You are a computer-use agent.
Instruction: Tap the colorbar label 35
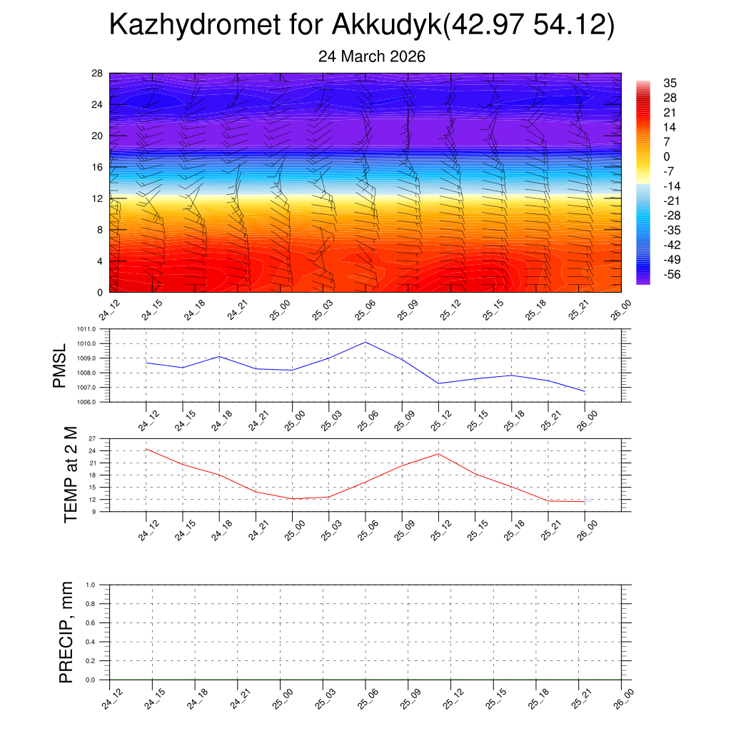pyautogui.click(x=670, y=83)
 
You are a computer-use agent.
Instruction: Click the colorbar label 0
pyautogui.click(x=667, y=157)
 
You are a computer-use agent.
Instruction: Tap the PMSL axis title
pyautogui.click(x=60, y=365)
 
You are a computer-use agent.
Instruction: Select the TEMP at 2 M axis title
pyautogui.click(x=70, y=475)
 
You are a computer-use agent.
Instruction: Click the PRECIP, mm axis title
pyautogui.click(x=67, y=632)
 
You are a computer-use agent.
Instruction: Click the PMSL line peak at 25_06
pyautogui.click(x=365, y=342)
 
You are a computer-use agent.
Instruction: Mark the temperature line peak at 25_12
pyautogui.click(x=438, y=454)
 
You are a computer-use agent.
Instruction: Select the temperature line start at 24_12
pyautogui.click(x=146, y=449)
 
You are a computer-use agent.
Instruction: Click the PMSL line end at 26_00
pyautogui.click(x=585, y=391)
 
